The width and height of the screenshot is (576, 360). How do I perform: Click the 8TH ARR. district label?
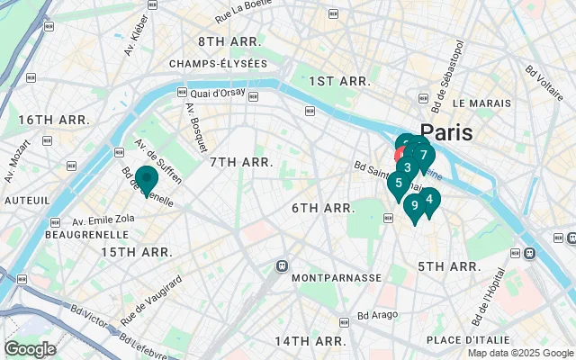pos(229,42)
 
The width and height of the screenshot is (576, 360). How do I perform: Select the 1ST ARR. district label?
pos(339,81)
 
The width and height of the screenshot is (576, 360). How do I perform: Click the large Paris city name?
pos(446,132)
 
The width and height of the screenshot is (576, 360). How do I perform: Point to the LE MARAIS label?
pos(481,103)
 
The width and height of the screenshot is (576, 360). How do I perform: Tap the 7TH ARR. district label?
pos(241,162)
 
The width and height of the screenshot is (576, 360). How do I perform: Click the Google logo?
pos(31,349)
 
